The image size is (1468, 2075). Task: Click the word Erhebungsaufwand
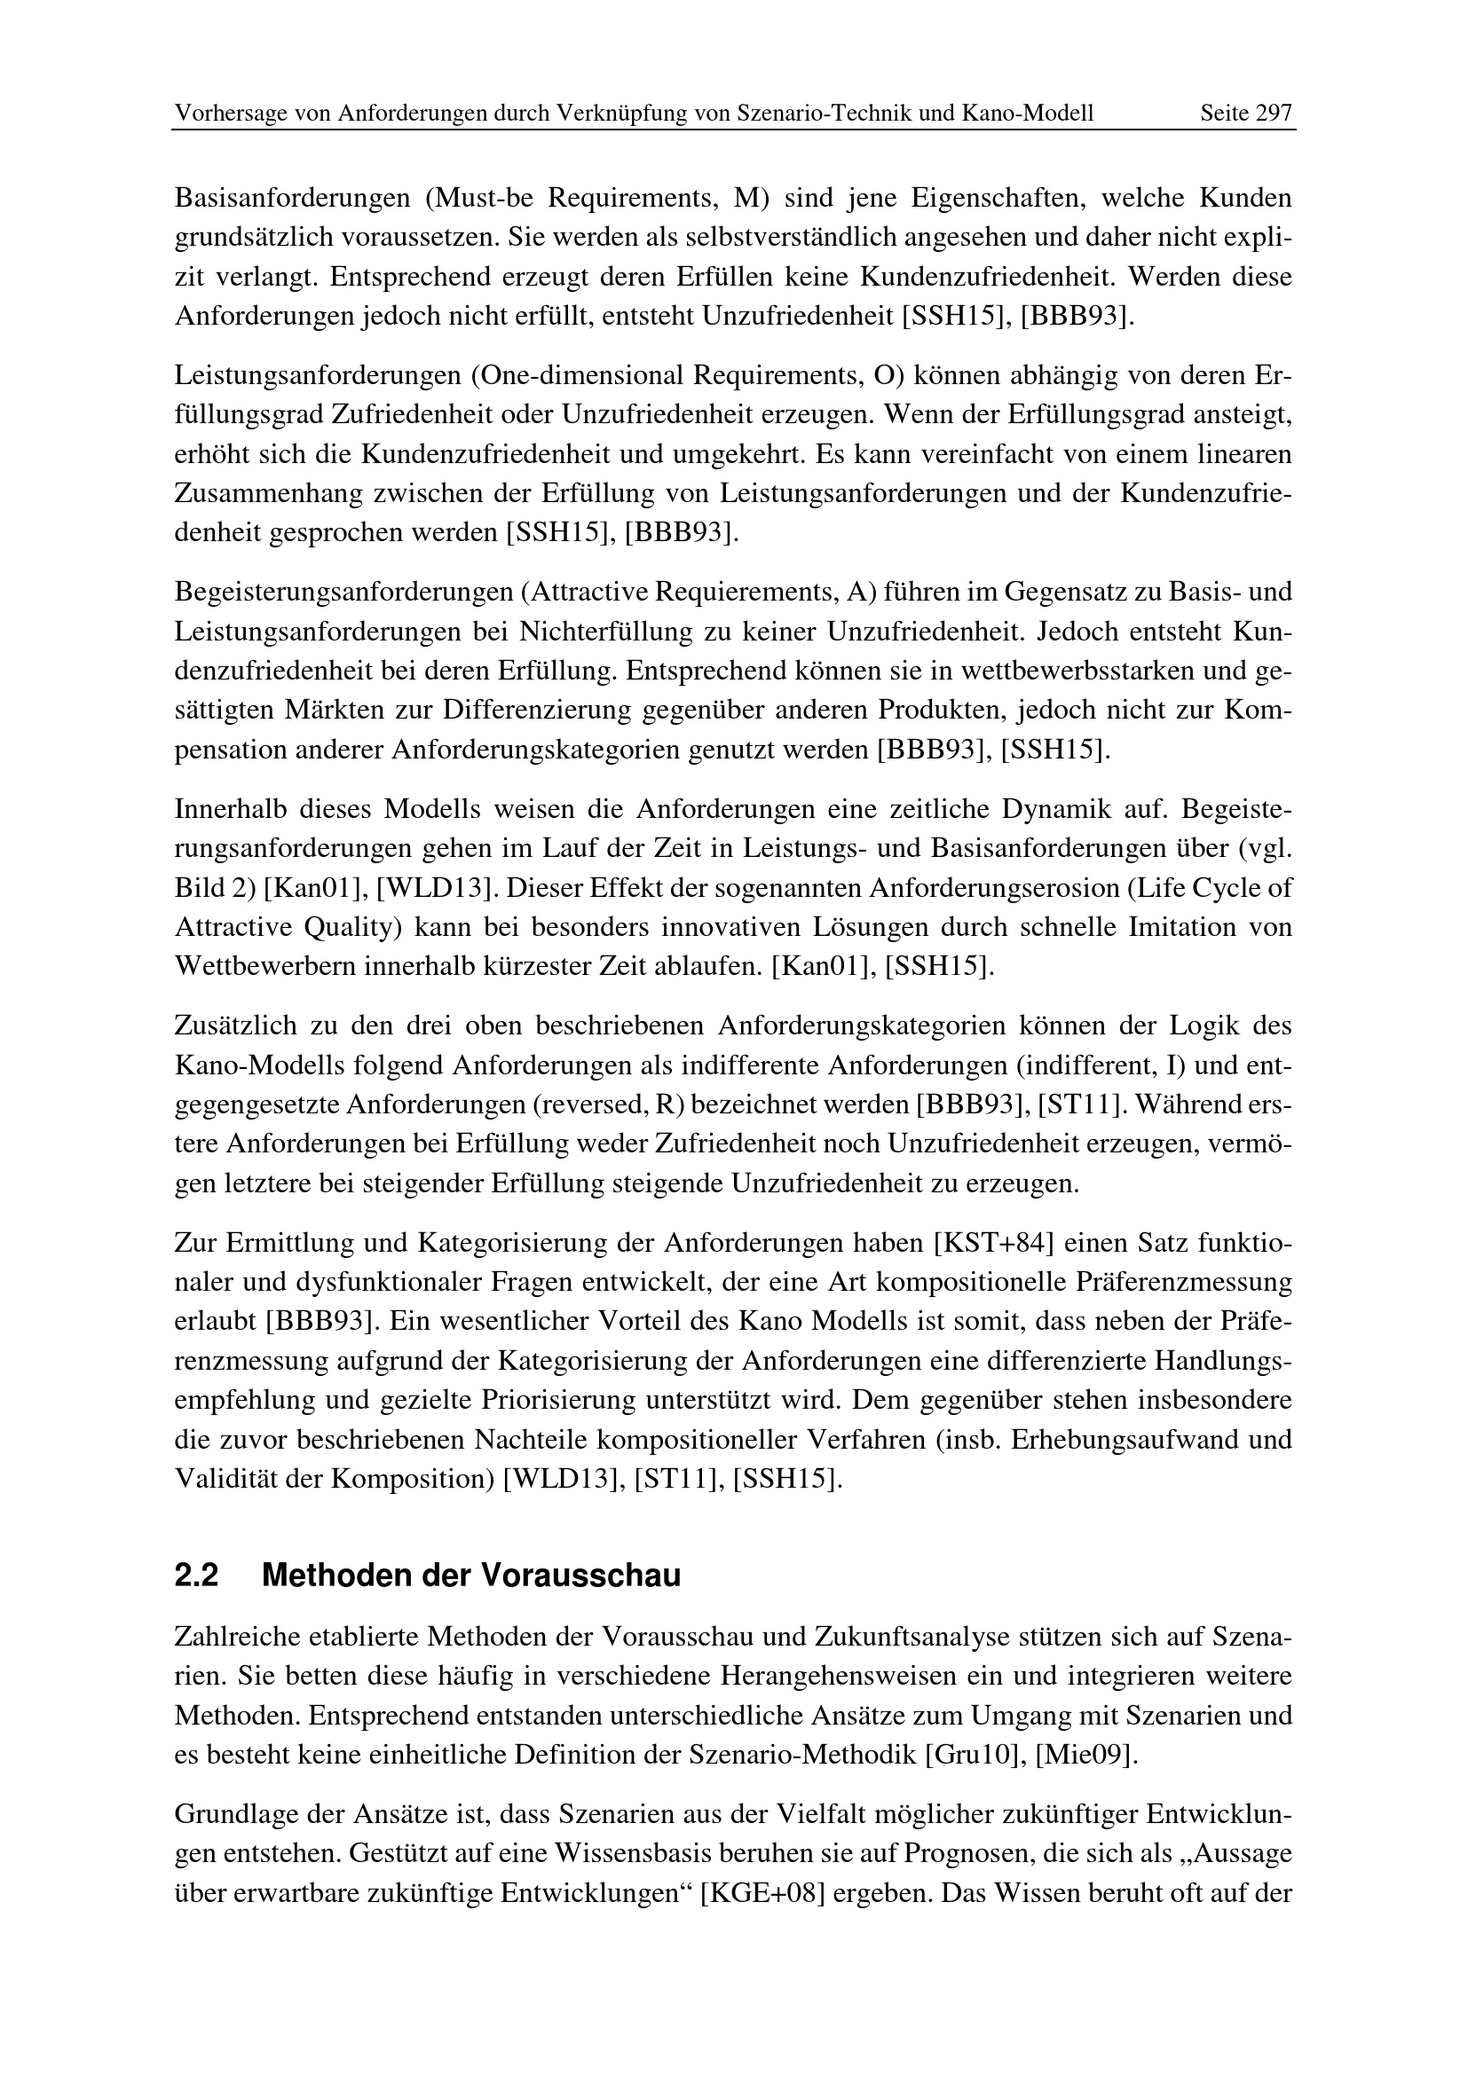[1117, 1439]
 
